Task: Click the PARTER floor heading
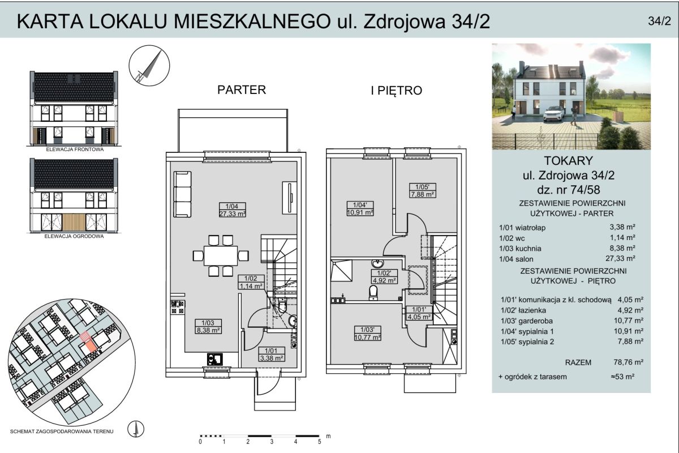point(242,90)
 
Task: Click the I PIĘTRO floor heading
point(397,91)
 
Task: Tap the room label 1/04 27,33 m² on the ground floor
point(232,210)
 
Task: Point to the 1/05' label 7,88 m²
point(423,191)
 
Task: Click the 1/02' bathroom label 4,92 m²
point(384,277)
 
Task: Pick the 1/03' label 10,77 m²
point(367,334)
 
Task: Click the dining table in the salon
point(221,256)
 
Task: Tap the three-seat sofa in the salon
point(182,194)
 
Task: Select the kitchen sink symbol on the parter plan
point(214,360)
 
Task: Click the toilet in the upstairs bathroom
point(373,293)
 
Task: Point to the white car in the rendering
point(554,114)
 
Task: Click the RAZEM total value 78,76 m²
point(629,362)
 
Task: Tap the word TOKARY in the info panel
point(568,161)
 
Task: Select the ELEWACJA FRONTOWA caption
point(75,149)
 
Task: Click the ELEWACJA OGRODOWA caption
point(74,236)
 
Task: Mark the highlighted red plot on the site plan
point(88,342)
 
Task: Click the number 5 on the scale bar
point(320,442)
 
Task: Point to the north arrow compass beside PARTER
point(149,66)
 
